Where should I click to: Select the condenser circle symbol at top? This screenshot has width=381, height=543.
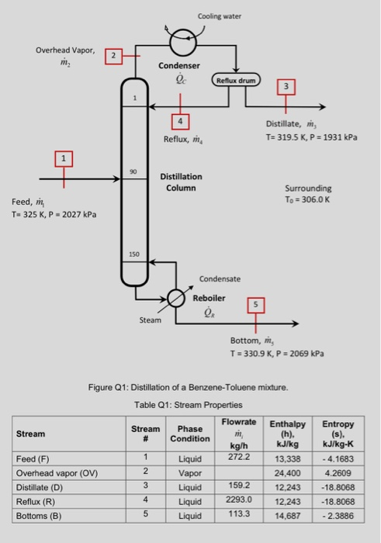point(185,36)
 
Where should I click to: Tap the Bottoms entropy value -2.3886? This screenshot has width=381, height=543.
point(338,515)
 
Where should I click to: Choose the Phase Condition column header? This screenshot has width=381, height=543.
point(189,434)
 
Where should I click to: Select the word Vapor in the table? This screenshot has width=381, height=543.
point(189,472)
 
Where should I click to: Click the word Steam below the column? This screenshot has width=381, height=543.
point(151,320)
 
